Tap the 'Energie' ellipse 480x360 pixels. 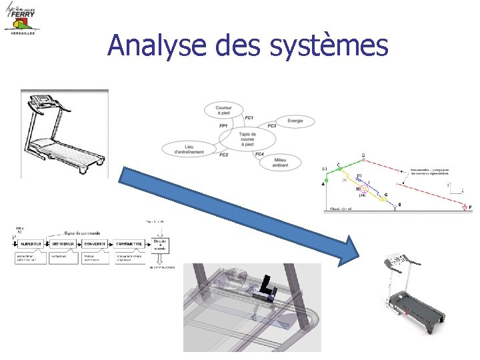[x=295, y=121]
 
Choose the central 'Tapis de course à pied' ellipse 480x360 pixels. [x=247, y=139]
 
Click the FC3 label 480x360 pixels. [x=271, y=125]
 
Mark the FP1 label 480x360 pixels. [x=223, y=125]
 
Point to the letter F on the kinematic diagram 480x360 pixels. [x=471, y=208]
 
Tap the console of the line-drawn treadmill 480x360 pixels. [x=45, y=100]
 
